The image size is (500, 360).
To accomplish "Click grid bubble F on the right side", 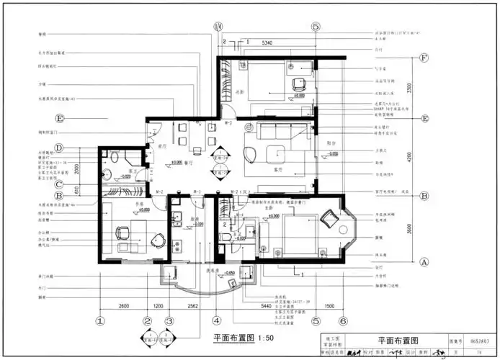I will pyautogui.click(x=424, y=57).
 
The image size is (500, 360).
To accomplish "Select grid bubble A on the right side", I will pyautogui.click(x=424, y=263).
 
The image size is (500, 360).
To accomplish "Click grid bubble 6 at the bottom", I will pyautogui.click(x=344, y=321).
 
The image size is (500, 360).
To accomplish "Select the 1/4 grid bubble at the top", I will pyautogui.click(x=218, y=27).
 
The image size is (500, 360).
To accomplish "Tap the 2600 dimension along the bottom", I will pyautogui.click(x=123, y=307).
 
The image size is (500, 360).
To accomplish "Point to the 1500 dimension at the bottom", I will pyautogui.click(x=329, y=307).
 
